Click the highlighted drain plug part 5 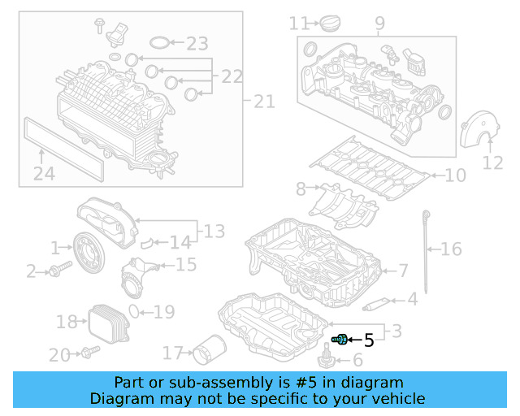click(340, 339)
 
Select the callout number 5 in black click(369, 340)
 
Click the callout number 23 click(197, 43)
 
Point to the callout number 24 click(44, 173)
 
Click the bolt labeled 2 click(54, 271)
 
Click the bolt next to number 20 click(89, 352)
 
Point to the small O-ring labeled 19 click(144, 310)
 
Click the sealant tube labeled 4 click(378, 303)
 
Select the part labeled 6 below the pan click(329, 357)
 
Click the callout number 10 click(455, 175)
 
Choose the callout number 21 click(264, 102)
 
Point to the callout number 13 click(214, 232)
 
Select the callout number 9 click(379, 24)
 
